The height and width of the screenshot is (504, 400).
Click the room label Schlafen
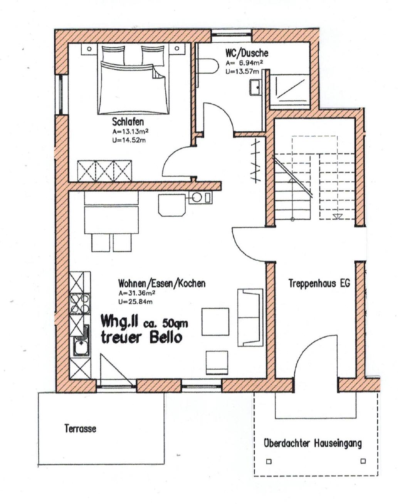pos(128,122)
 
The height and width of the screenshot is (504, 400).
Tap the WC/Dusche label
pos(247,53)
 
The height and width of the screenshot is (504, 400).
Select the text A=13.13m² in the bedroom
pos(130,131)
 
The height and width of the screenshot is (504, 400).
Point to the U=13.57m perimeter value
pos(242,72)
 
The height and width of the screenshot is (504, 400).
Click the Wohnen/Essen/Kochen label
pos(162,284)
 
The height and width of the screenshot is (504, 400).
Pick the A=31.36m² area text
pos(137,293)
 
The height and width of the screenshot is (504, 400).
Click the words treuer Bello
pos(141,338)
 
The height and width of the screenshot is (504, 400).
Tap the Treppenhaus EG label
pos(319,283)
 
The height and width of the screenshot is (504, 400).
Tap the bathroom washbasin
pos(256,87)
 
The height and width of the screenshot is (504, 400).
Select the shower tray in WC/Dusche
pos(291,89)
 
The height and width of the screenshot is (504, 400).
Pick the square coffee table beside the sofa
pos(215,322)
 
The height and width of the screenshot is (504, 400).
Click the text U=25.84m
pos(136,302)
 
